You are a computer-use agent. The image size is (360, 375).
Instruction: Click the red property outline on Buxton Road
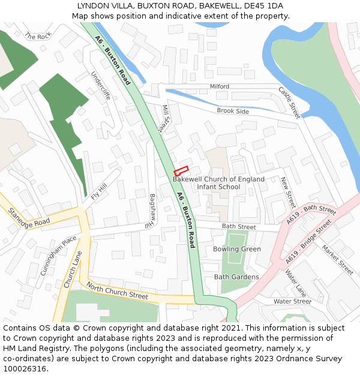pos(181,170)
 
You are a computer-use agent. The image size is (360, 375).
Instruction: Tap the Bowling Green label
pos(237,249)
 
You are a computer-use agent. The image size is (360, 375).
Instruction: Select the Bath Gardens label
pos(236,277)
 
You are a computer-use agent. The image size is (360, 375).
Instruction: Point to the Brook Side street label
pos(233,111)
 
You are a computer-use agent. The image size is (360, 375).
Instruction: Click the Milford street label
pos(219,86)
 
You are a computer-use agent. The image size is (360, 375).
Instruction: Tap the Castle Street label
pos(289,101)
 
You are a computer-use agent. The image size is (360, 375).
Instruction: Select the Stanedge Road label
pos(29,217)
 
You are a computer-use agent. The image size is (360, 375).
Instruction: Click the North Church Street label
pos(117,291)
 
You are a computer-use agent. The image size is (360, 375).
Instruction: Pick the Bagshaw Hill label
pos(152,211)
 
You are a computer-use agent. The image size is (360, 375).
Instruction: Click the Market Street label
pos(337,256)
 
